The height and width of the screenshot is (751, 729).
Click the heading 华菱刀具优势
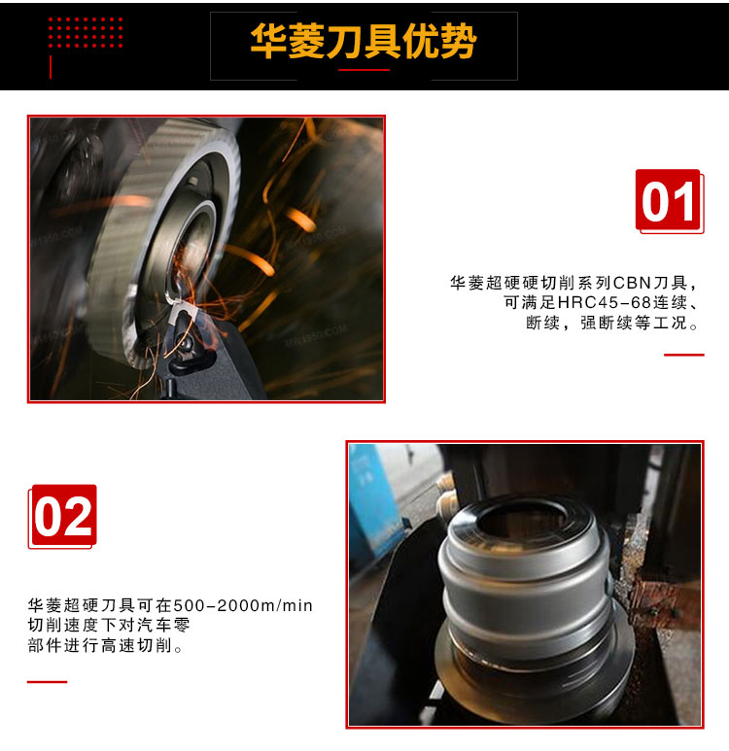tap(364, 41)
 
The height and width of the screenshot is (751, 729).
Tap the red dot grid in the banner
tap(86, 33)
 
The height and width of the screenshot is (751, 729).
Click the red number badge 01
tap(669, 201)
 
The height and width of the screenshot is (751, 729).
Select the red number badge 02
tap(62, 516)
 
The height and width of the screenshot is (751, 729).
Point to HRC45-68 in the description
tap(605, 303)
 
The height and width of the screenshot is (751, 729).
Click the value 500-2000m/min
tap(243, 605)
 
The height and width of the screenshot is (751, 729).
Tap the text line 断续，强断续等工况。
tap(612, 323)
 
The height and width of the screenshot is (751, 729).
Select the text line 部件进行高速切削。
tap(105, 646)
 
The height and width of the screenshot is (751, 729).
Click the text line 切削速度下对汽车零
tap(109, 625)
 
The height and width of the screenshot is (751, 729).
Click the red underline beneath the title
tap(364, 70)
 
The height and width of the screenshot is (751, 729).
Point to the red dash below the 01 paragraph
tap(684, 355)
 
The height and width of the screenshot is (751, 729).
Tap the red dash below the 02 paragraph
tap(47, 682)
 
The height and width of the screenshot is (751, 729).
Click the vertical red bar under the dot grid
tap(51, 67)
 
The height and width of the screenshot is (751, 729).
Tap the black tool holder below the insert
tap(206, 364)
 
